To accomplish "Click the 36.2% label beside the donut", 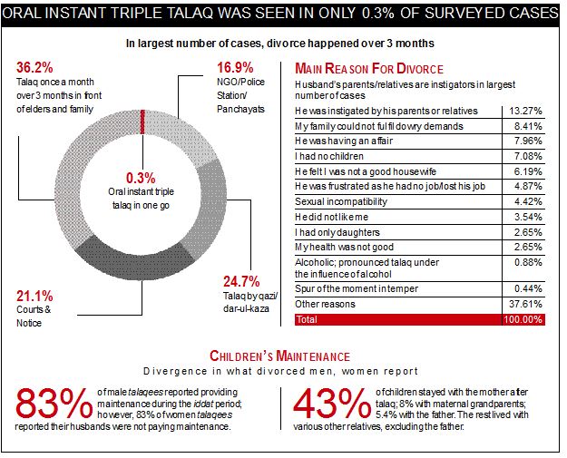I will pyautogui.click(x=35, y=67).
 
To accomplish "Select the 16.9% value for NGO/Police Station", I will pyautogui.click(x=235, y=67).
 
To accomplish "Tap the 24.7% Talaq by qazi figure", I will pyautogui.click(x=241, y=281).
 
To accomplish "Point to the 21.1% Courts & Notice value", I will pyautogui.click(x=34, y=296).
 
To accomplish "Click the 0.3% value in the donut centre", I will pyautogui.click(x=141, y=178).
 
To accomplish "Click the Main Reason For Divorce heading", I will pyautogui.click(x=368, y=69).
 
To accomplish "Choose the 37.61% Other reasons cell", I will pyautogui.click(x=523, y=305).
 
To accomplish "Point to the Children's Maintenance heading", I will pyautogui.click(x=279, y=356).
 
